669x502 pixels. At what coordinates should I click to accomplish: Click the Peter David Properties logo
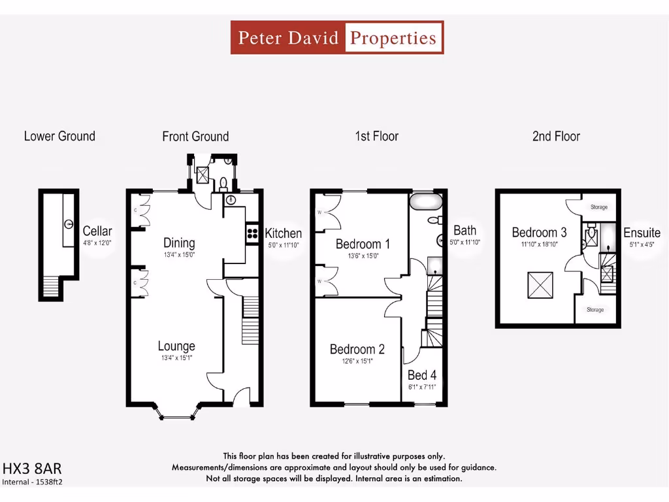337,37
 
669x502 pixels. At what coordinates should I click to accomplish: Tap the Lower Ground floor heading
59,136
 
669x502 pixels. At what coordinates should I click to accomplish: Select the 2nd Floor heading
556,136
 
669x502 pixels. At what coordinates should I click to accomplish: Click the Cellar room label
97,231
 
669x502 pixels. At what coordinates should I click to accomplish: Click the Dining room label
179,243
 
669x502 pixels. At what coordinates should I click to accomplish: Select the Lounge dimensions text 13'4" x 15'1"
176,358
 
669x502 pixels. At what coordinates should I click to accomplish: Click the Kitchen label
284,233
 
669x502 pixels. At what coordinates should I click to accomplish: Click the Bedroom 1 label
363,244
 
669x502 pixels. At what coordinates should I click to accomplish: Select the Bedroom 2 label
357,349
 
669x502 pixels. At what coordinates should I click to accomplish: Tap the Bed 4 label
422,375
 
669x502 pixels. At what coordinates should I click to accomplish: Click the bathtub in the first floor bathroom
426,200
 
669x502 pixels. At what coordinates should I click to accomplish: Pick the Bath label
465,230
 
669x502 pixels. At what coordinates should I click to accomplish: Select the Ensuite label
642,233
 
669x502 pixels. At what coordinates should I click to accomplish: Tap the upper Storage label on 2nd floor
599,207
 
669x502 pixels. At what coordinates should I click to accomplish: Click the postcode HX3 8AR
32,469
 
